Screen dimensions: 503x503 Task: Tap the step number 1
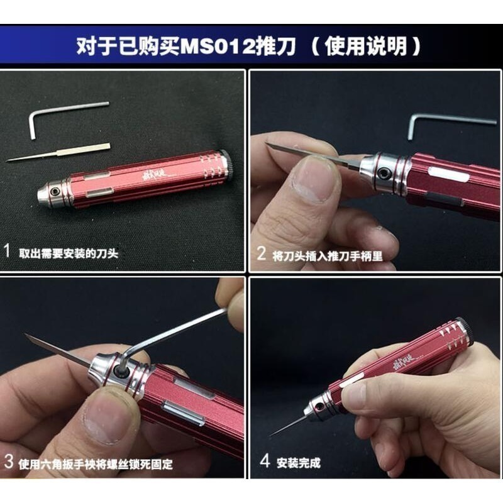pos(8,252)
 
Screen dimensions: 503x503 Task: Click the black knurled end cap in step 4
pos(464,331)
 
